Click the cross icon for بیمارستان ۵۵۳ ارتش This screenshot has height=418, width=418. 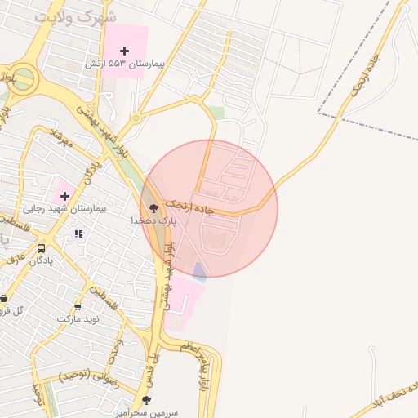coord(124,51)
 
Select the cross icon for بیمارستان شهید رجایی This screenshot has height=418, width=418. coord(64,196)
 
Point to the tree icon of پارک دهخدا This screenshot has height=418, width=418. coord(153,208)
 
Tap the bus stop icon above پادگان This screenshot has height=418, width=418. coord(41,248)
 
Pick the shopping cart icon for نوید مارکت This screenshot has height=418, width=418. coord(78,307)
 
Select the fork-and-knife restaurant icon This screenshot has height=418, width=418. coord(78,234)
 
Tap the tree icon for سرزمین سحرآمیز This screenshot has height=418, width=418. coord(146,399)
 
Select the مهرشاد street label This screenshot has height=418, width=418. coord(61,137)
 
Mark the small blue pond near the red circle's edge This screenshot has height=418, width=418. coord(198,273)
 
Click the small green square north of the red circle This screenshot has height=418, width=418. coord(215,113)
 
